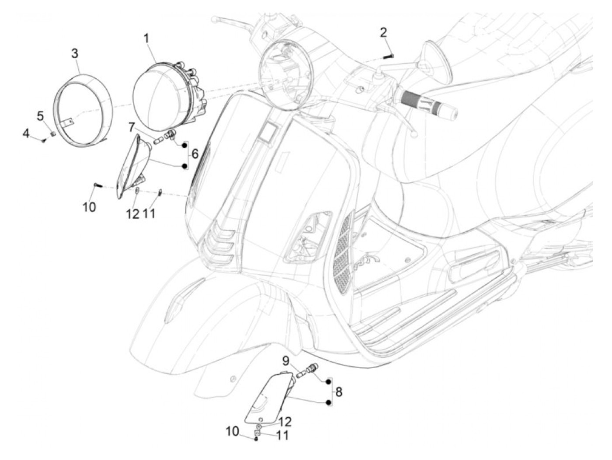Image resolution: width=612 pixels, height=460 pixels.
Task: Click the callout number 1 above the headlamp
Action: [146, 38]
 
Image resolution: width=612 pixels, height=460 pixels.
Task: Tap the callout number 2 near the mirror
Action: [383, 32]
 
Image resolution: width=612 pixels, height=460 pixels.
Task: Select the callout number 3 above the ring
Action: [75, 54]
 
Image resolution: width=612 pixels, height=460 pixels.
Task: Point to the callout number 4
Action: [26, 133]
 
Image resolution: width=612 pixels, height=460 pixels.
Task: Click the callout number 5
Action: [40, 116]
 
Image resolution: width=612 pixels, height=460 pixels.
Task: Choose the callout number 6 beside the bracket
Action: [195, 153]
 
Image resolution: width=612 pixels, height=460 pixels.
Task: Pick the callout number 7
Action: [132, 128]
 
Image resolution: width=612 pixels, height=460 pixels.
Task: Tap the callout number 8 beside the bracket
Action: [339, 392]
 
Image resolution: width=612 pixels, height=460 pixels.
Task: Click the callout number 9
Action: [286, 361]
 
